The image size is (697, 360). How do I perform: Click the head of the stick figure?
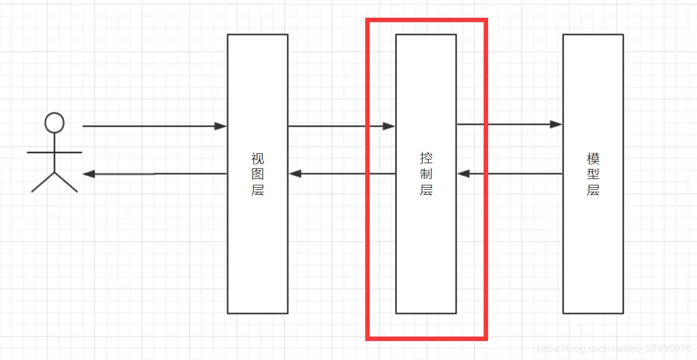[54, 123]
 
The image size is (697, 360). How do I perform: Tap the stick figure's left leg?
[43, 182]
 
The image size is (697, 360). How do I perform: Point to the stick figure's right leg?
[66, 182]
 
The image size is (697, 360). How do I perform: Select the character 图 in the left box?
[258, 174]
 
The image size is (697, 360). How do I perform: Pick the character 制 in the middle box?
[426, 174]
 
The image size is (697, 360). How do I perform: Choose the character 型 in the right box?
[593, 174]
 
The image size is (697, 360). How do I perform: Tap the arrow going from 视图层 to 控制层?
[342, 127]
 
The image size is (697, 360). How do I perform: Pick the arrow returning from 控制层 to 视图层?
[342, 174]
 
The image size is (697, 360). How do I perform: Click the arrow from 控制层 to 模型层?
[510, 125]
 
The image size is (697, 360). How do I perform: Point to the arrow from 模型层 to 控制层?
[510, 174]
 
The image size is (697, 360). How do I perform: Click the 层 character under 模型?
[593, 190]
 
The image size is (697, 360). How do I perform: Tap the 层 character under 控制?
[426, 190]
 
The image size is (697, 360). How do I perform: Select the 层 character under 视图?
[258, 190]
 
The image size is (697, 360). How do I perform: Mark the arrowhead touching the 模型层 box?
[556, 125]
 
